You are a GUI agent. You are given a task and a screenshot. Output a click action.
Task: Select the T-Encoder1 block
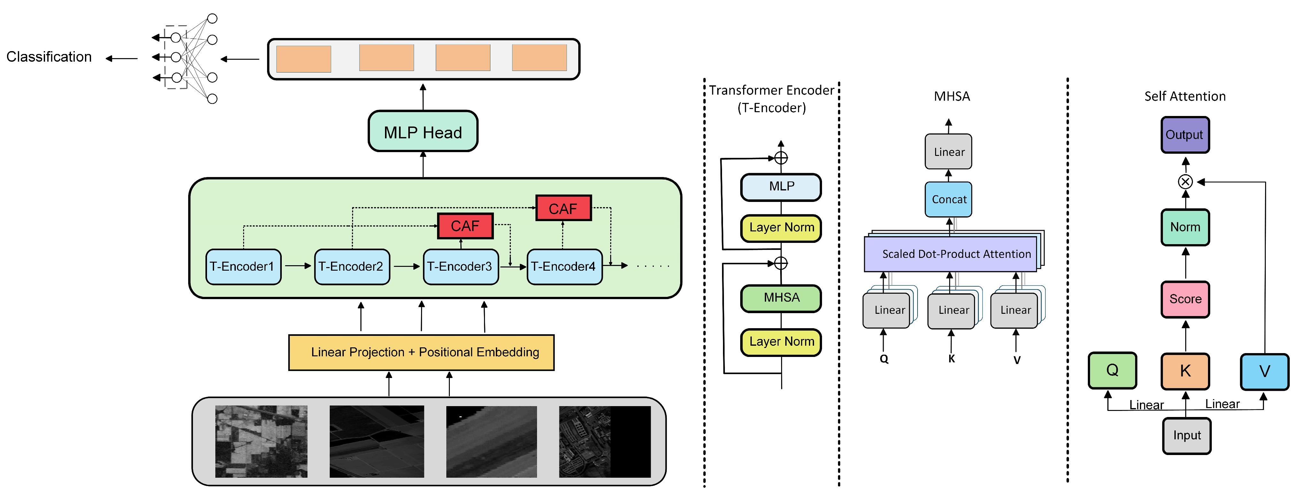(x=243, y=266)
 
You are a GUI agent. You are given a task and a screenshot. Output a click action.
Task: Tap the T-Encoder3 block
(x=460, y=266)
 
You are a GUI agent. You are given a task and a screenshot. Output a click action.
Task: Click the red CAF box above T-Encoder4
(x=563, y=208)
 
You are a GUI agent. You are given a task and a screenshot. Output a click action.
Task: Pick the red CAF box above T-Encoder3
(x=465, y=226)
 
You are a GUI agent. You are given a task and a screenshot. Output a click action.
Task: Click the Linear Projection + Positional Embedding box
(x=421, y=352)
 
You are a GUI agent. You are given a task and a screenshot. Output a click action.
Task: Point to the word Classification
(x=49, y=57)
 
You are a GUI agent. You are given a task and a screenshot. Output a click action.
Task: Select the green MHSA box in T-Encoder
(x=781, y=298)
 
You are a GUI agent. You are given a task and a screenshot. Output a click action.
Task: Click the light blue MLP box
(x=781, y=187)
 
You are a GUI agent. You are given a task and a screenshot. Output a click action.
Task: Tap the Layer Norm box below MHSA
(x=781, y=342)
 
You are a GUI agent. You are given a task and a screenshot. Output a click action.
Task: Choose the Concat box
(x=949, y=199)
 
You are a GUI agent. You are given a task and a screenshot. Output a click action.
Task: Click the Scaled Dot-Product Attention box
(x=950, y=254)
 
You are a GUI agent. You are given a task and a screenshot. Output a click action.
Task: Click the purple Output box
(x=1185, y=135)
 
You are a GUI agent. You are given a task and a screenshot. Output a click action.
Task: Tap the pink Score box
(x=1185, y=299)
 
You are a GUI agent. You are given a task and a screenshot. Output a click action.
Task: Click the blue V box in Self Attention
(x=1264, y=371)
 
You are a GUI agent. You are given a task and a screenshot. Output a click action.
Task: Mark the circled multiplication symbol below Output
(x=1185, y=181)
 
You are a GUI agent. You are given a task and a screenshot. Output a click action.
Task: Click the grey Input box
(x=1187, y=436)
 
